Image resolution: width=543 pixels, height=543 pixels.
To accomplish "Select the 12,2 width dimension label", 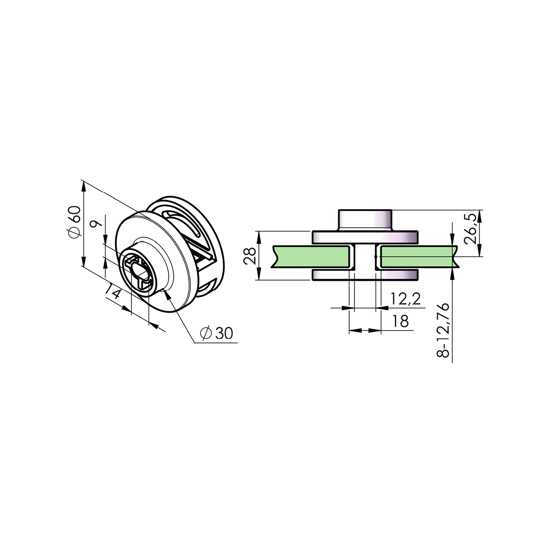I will point(405,299).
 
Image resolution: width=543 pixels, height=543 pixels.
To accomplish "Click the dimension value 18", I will point(400,321).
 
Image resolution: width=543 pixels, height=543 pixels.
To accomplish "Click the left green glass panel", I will point(310,256).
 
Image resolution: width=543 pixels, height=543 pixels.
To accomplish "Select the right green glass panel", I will point(417,256).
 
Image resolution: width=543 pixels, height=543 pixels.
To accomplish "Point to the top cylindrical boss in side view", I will point(365,220).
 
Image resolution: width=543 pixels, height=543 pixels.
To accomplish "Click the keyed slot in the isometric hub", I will point(138,271).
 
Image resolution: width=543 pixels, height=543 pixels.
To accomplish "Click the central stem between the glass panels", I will point(365,257).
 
